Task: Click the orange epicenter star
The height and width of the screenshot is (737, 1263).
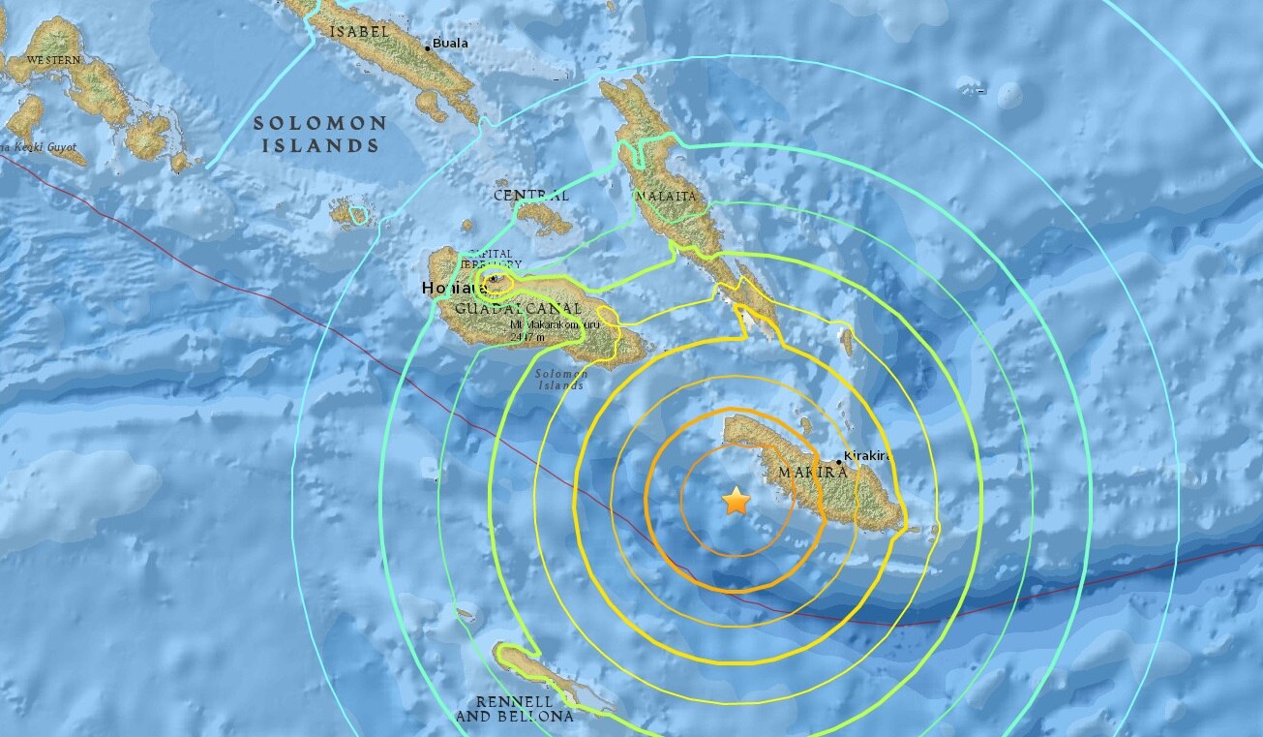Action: pos(737,501)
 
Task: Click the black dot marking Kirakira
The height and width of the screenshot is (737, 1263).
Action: pos(838,462)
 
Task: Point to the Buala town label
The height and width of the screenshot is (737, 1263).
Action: pos(449,44)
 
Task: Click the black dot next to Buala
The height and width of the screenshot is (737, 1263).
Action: pos(428,46)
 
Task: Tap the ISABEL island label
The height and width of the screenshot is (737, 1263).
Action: pos(359,31)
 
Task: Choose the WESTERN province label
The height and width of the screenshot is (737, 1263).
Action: pos(53,60)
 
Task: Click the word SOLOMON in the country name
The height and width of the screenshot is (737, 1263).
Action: pos(320,124)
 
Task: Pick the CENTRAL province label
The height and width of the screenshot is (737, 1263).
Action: pos(530,196)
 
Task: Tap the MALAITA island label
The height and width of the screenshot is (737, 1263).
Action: pos(665,198)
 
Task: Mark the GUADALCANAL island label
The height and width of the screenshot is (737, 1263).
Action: pos(491,307)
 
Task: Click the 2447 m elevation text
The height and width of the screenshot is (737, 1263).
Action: pos(529,337)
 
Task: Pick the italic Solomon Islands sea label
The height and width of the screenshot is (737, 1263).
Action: pos(560,380)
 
